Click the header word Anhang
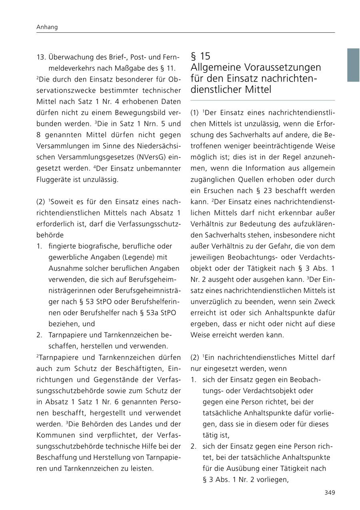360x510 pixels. click(47, 27)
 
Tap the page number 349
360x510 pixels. click(330, 492)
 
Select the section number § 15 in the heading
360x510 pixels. click(200, 56)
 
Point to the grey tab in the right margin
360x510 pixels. click(353, 65)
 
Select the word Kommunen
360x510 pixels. click(53, 434)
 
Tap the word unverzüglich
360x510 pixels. click(212, 301)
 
